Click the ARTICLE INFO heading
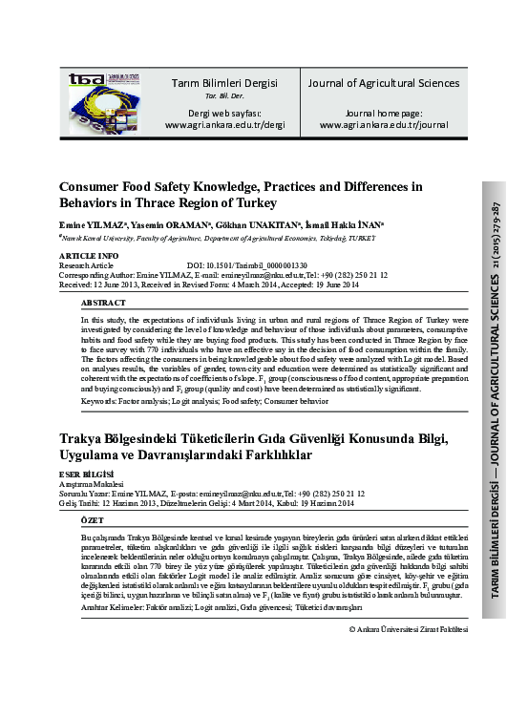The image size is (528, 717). pos(89,257)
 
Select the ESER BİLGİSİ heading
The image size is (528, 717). pos(86,474)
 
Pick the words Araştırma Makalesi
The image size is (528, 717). pos(97,483)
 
